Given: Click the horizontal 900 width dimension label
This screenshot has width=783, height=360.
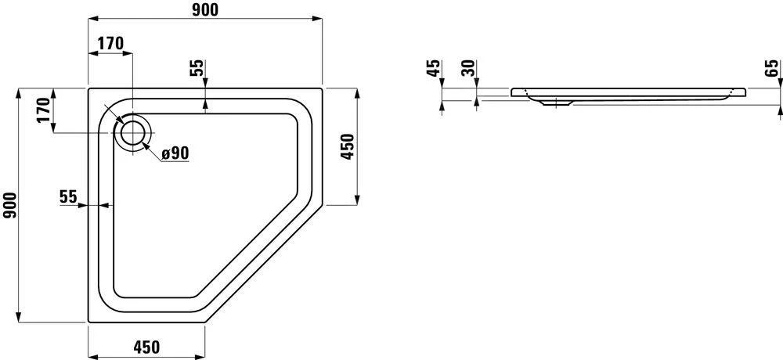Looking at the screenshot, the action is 204,9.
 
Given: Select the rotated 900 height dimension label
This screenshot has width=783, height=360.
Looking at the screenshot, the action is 10,205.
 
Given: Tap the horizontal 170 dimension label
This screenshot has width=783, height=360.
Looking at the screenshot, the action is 110,44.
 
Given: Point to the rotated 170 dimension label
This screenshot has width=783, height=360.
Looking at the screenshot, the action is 45,110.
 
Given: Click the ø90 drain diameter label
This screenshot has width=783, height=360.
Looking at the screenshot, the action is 176,153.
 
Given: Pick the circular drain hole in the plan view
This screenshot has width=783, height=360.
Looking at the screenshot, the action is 133,133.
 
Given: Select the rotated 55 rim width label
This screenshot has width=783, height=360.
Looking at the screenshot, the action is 197,68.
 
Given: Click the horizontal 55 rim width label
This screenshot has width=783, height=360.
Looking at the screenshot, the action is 68,196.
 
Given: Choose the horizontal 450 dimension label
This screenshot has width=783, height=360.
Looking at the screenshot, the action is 146,347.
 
